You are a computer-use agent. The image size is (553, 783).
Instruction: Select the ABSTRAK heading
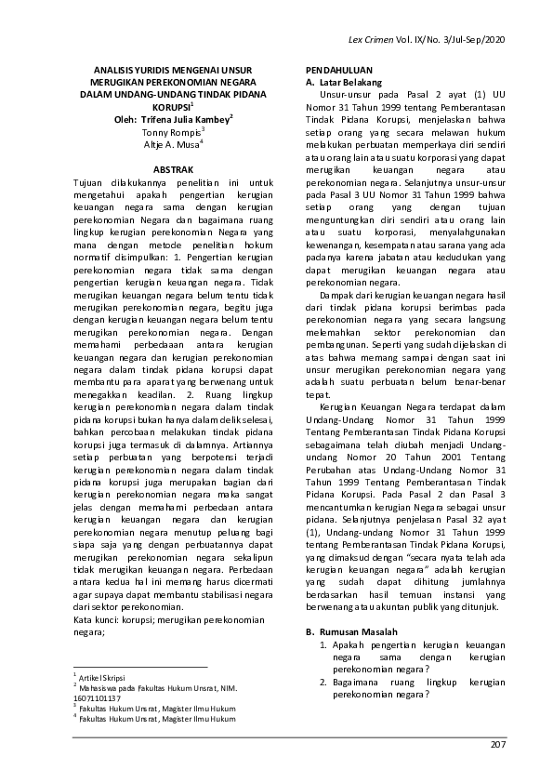173,171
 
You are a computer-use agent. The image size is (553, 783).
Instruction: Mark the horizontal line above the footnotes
139,667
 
